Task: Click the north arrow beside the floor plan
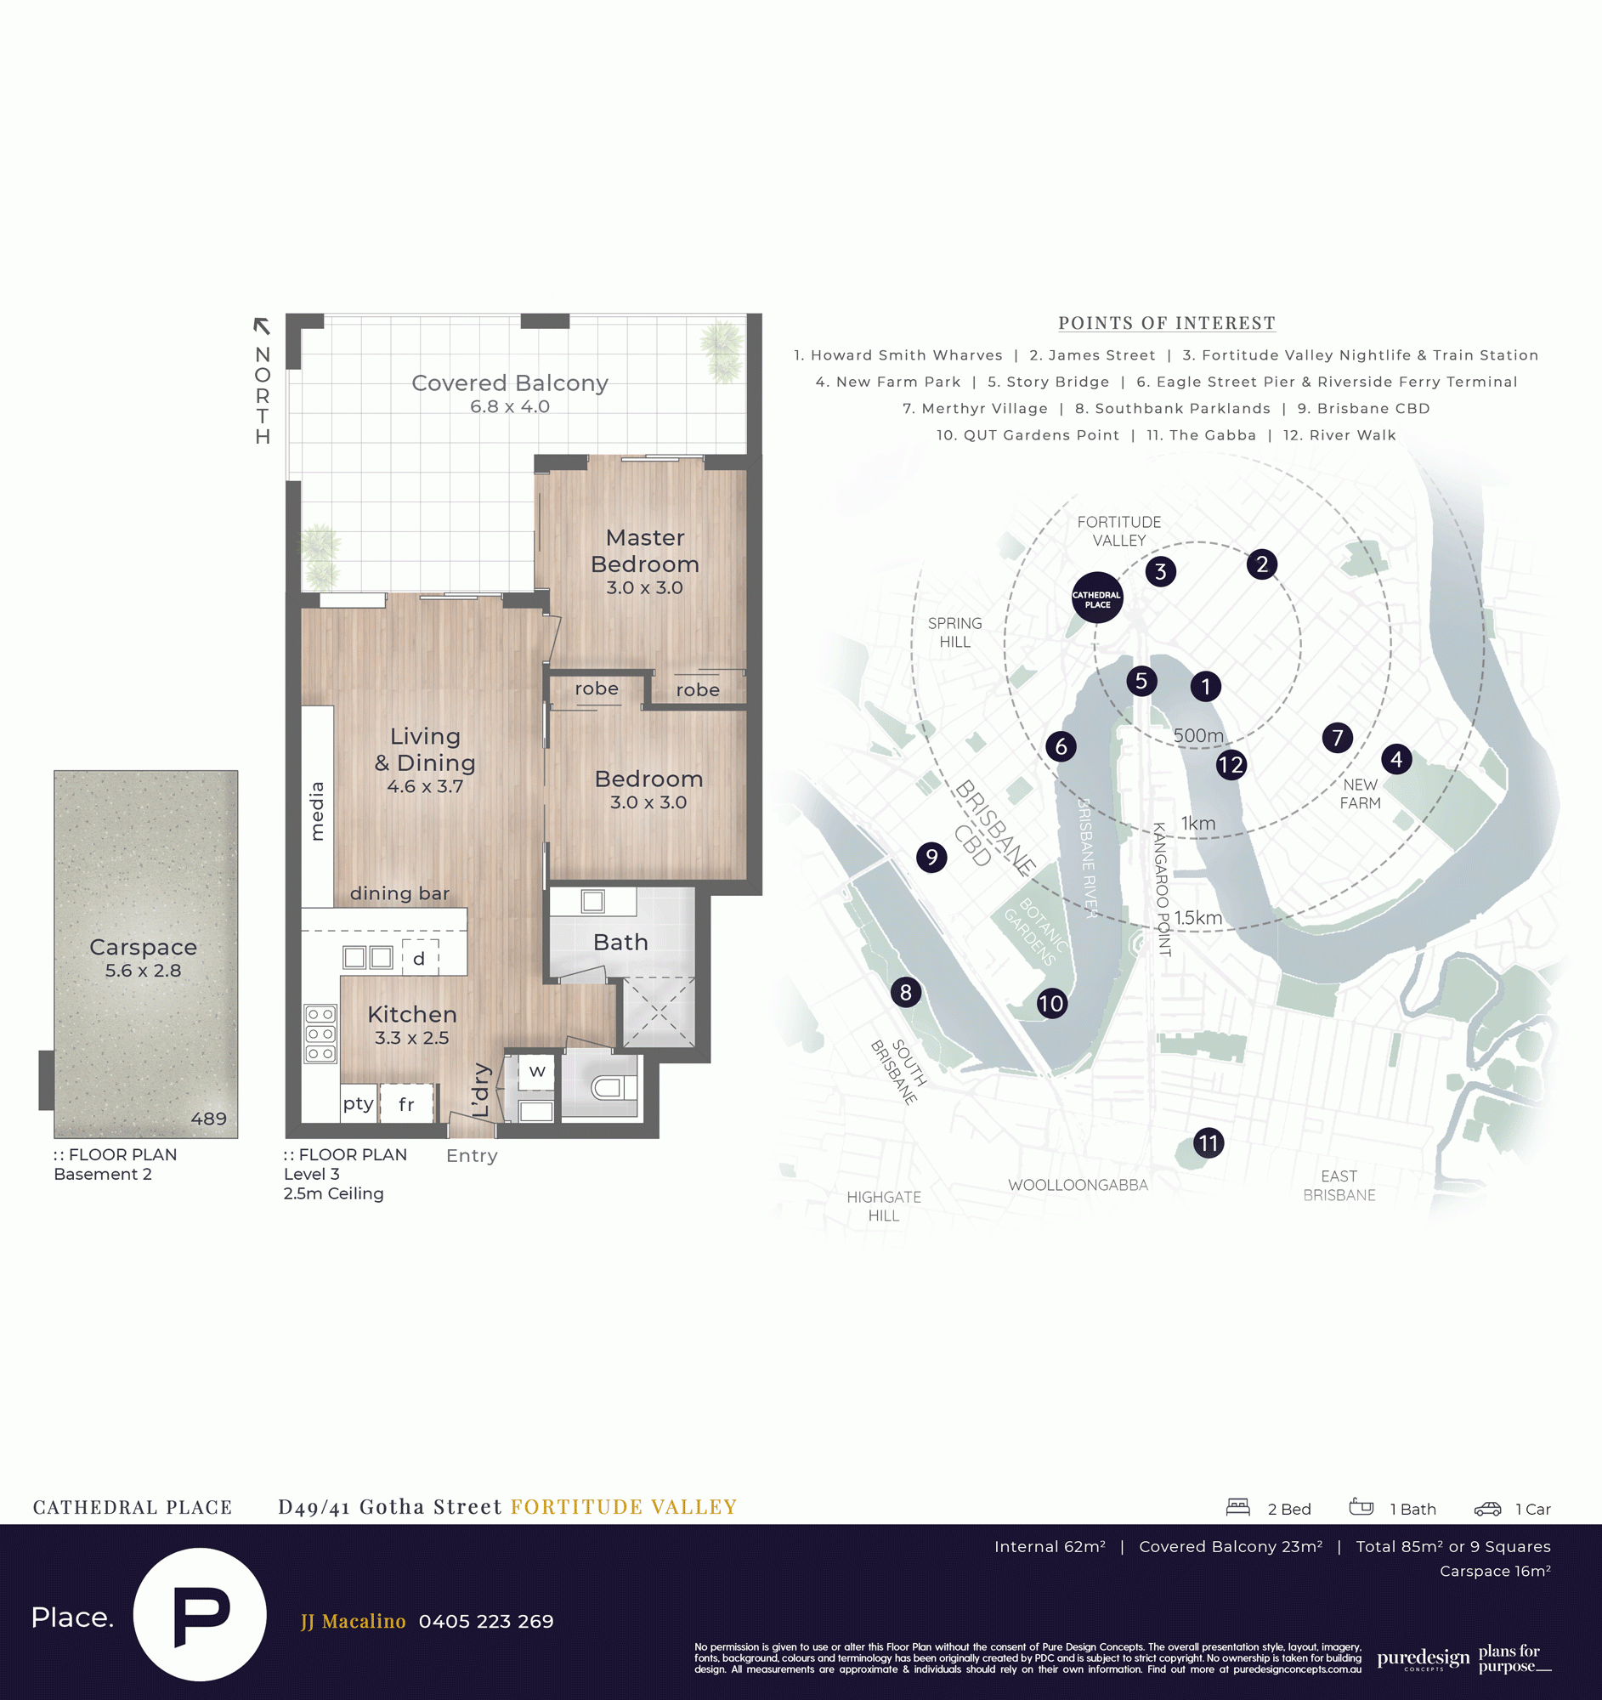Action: (x=262, y=326)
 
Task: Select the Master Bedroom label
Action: (x=644, y=551)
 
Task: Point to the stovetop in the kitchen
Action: (x=320, y=1034)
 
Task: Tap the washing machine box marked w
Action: (x=537, y=1072)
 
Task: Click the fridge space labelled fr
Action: (x=407, y=1104)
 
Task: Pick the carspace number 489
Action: (x=208, y=1119)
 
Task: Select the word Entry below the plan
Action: (x=472, y=1156)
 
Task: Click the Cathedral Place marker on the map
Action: (x=1097, y=598)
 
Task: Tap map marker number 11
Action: (x=1208, y=1142)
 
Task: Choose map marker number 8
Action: (x=906, y=992)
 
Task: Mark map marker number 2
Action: (x=1262, y=564)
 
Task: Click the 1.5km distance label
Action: (x=1197, y=917)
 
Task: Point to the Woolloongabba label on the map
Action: (x=1078, y=1185)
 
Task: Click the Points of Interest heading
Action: (x=1167, y=323)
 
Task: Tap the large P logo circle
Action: (x=200, y=1614)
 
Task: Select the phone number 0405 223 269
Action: (x=486, y=1621)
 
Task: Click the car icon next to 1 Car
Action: (x=1487, y=1509)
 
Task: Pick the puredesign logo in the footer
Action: (x=1424, y=1659)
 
